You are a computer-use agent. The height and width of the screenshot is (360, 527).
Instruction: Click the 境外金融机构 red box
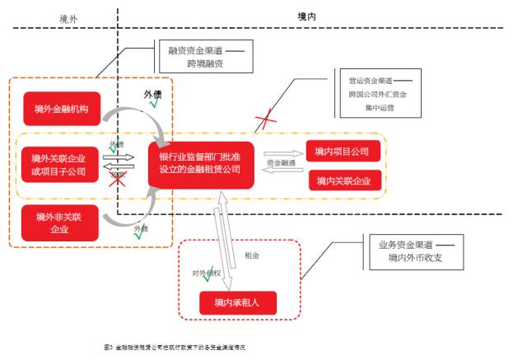click(x=61, y=108)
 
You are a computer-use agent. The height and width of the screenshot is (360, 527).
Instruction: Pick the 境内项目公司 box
click(x=343, y=152)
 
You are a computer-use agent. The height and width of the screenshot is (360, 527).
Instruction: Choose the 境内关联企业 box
click(x=343, y=180)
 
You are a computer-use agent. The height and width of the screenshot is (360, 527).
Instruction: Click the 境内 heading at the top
click(x=306, y=16)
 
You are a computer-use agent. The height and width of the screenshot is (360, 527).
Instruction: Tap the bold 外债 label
click(x=153, y=94)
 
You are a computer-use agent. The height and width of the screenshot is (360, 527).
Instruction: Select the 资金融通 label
click(x=282, y=164)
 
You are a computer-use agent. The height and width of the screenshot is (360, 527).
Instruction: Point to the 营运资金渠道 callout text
click(x=369, y=80)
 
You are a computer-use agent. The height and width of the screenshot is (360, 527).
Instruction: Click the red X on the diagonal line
click(x=265, y=122)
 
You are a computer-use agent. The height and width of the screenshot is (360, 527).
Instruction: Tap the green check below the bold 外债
click(x=175, y=105)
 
